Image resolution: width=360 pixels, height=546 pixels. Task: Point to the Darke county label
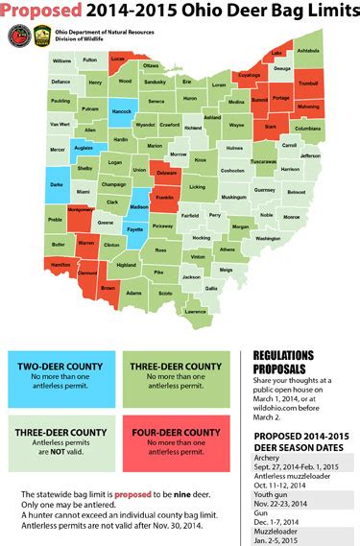[x=59, y=187]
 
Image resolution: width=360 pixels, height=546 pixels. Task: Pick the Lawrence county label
[x=195, y=312]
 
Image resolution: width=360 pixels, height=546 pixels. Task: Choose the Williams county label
[x=62, y=60]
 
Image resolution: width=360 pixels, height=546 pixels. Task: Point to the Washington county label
[x=268, y=237]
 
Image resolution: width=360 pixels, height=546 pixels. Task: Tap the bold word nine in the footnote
[x=191, y=494]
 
